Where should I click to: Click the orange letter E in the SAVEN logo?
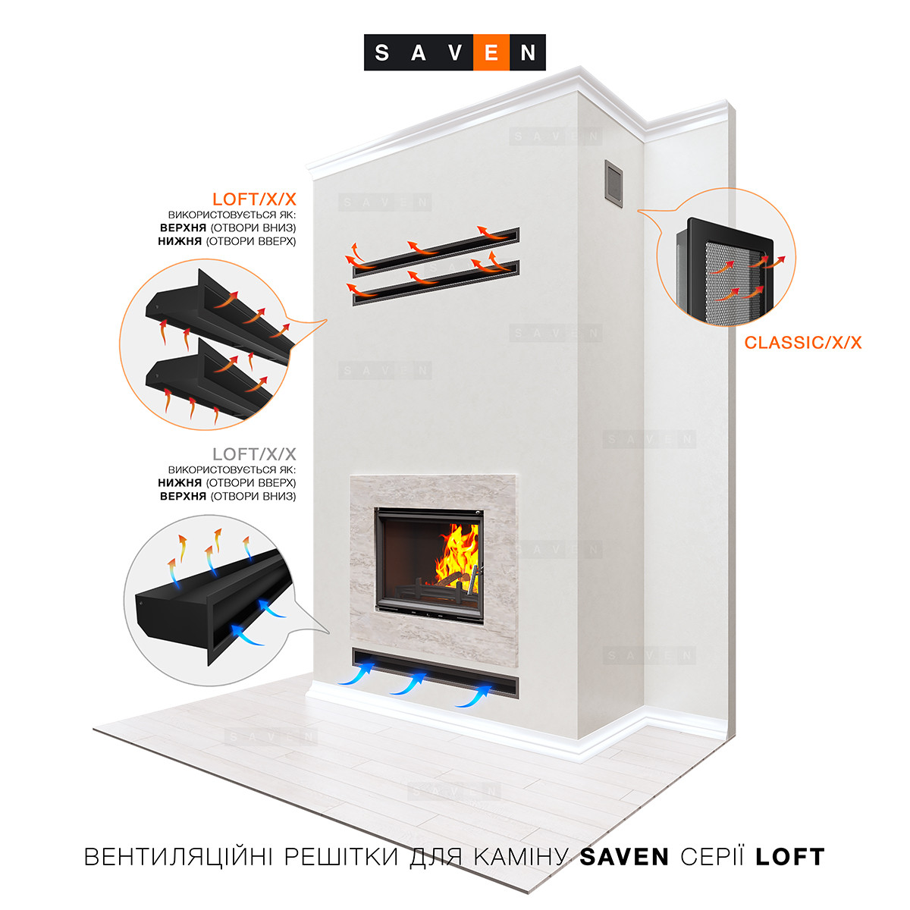[491, 52]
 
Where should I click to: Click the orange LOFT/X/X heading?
[254, 199]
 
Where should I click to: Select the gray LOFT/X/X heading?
[254, 454]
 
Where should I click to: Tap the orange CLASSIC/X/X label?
[803, 342]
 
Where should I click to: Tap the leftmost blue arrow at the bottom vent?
[357, 675]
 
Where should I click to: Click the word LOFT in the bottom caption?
[789, 857]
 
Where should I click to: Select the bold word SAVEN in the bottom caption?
[624, 857]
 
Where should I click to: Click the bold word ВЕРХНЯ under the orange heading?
[183, 227]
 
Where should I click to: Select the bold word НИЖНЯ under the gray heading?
[180, 482]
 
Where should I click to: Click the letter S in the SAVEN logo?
[383, 52]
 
